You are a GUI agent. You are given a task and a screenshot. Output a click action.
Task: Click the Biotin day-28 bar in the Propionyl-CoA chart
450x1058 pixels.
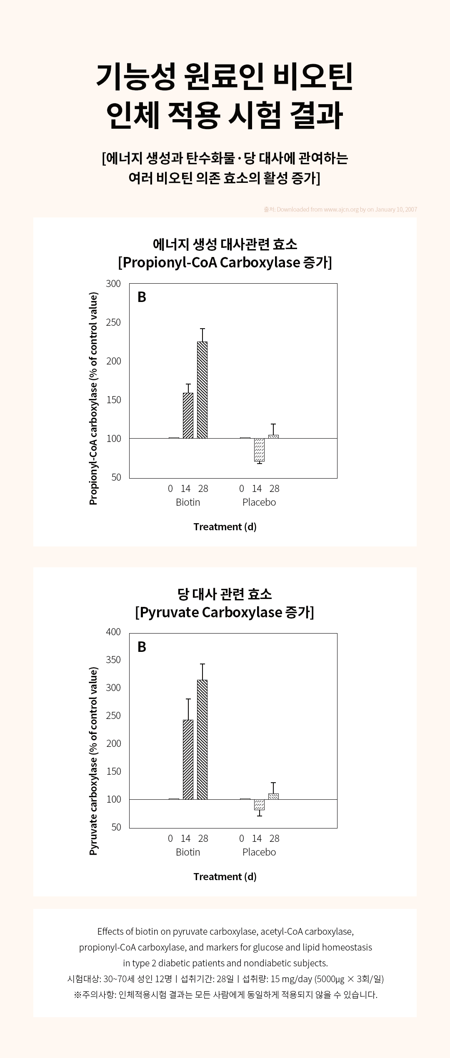pyautogui.click(x=202, y=390)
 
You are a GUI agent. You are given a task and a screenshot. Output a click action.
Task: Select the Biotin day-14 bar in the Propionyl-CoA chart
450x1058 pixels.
pyautogui.click(x=188, y=416)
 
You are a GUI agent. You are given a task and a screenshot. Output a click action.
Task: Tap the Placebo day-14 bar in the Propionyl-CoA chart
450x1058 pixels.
pyautogui.click(x=259, y=450)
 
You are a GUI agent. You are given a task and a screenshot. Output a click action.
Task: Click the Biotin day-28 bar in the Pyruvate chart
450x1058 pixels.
pyautogui.click(x=202, y=740)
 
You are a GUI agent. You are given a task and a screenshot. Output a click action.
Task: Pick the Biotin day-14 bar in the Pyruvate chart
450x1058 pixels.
pyautogui.click(x=188, y=760)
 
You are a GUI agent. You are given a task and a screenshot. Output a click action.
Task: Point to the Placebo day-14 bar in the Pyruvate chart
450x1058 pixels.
pyautogui.click(x=259, y=805)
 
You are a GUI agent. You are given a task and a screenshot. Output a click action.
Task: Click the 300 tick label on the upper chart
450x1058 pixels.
pyautogui.click(x=113, y=284)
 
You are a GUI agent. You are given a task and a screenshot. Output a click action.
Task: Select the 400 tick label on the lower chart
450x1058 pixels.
pyautogui.click(x=113, y=632)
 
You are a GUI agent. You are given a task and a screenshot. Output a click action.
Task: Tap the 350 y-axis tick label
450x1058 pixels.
pyautogui.click(x=113, y=660)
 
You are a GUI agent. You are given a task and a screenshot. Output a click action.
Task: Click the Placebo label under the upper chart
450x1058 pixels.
pyautogui.click(x=259, y=502)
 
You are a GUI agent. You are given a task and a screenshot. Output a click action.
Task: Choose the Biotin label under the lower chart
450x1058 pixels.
pyautogui.click(x=188, y=852)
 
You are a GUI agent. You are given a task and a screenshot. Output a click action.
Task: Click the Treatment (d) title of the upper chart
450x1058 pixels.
pyautogui.click(x=225, y=527)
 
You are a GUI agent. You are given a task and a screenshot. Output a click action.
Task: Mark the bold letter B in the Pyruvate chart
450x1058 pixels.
pyautogui.click(x=142, y=647)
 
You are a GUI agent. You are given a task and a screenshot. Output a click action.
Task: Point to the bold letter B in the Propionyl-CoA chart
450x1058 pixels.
pyautogui.click(x=142, y=297)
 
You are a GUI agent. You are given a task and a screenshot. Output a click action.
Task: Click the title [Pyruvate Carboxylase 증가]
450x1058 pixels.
pyautogui.click(x=225, y=612)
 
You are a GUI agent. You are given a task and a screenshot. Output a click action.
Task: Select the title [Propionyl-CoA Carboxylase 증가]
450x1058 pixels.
pyautogui.click(x=225, y=262)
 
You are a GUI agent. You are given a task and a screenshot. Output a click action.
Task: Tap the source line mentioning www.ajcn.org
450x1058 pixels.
pyautogui.click(x=340, y=210)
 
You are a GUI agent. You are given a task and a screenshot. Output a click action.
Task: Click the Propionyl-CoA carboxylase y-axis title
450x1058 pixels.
pyautogui.click(x=93, y=399)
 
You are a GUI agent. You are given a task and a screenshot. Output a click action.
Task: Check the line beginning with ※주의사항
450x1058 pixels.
pyautogui.click(x=225, y=995)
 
